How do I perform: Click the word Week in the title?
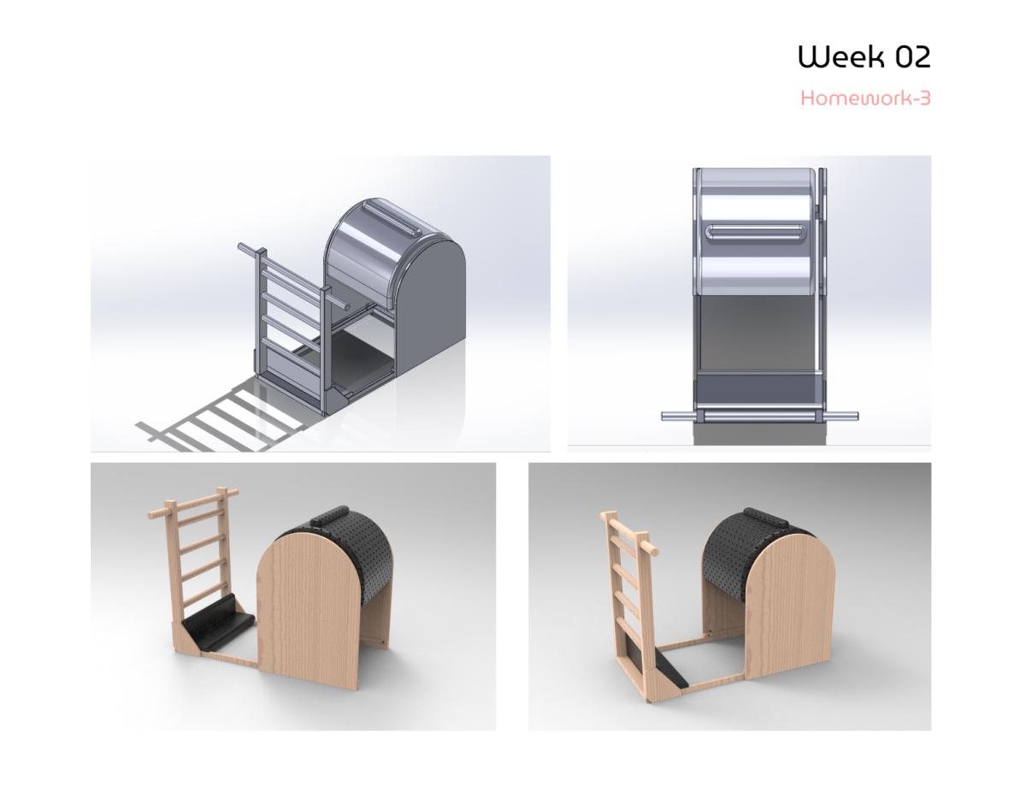pyautogui.click(x=835, y=56)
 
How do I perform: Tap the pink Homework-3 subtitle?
pyautogui.click(x=865, y=98)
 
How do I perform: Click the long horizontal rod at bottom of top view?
pyautogui.click(x=759, y=416)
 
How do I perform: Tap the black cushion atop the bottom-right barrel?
pyautogui.click(x=765, y=518)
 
